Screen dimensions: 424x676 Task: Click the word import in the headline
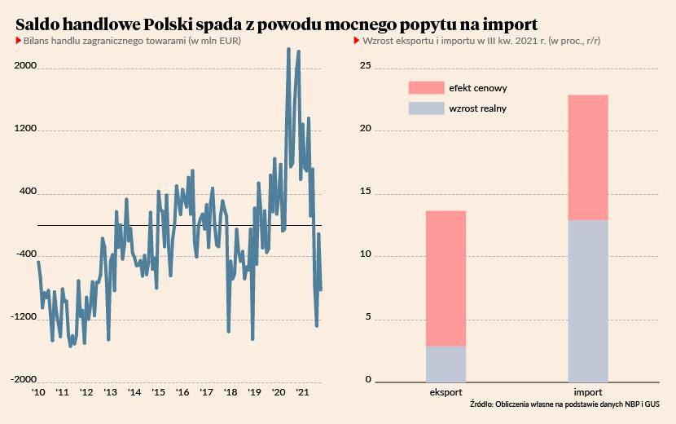tap(507, 22)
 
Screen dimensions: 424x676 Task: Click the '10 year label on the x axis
tap(38, 392)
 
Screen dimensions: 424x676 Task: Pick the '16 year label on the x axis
tap(182, 392)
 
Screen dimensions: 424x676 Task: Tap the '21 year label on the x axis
tap(301, 392)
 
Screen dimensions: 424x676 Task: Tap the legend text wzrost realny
tap(478, 108)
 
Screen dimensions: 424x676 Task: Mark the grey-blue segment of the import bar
tap(588, 301)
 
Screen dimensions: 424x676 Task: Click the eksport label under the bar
tap(446, 392)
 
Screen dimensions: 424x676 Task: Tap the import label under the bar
tap(588, 392)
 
